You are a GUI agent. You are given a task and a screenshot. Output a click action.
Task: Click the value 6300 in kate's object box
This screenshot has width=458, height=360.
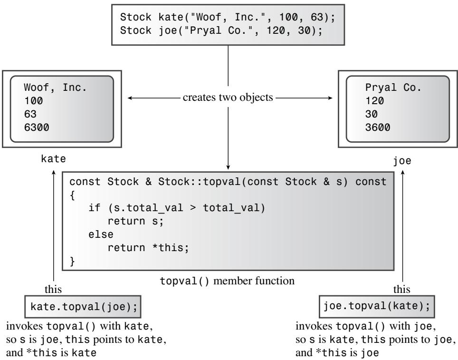[x=37, y=127]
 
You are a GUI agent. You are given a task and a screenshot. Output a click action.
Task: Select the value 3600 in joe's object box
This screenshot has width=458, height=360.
[x=377, y=127]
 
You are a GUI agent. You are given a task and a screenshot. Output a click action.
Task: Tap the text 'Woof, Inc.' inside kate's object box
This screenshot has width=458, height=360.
[x=55, y=88]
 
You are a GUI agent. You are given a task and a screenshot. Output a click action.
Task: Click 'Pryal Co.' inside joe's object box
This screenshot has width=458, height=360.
[x=393, y=88]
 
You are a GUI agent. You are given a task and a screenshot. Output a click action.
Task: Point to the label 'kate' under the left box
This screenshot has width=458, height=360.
[x=54, y=159]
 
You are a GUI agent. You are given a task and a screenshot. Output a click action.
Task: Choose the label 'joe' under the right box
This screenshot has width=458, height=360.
[x=402, y=161]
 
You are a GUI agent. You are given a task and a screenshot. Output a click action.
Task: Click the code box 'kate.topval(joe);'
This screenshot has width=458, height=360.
[x=83, y=307]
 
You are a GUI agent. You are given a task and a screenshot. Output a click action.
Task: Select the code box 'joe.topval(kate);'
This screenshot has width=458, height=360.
[x=377, y=306]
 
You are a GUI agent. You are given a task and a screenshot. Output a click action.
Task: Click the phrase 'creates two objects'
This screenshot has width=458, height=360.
[x=228, y=97]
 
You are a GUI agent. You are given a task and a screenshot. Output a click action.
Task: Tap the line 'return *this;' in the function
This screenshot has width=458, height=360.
[x=148, y=248]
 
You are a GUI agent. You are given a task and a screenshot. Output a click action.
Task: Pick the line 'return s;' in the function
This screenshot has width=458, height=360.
[x=135, y=221]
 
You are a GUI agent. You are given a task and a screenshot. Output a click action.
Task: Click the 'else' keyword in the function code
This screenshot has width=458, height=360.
[x=101, y=234]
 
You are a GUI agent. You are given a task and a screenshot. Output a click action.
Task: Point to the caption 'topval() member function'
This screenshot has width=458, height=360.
[x=227, y=281]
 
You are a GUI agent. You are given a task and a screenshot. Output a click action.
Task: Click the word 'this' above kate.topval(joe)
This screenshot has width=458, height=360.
[x=53, y=289]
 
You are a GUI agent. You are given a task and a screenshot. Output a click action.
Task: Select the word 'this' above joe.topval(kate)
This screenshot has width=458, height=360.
[x=401, y=289]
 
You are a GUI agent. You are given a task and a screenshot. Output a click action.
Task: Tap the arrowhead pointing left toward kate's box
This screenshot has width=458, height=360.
[x=130, y=98]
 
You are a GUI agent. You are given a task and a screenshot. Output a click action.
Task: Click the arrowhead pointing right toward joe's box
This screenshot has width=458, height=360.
[x=330, y=98]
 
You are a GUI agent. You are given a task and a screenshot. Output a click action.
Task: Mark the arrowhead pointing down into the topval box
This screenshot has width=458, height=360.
[x=228, y=167]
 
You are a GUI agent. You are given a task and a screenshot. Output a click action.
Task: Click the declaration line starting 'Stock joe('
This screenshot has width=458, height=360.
[x=221, y=30]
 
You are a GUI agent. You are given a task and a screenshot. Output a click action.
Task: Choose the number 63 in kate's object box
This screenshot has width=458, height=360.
[x=30, y=114]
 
